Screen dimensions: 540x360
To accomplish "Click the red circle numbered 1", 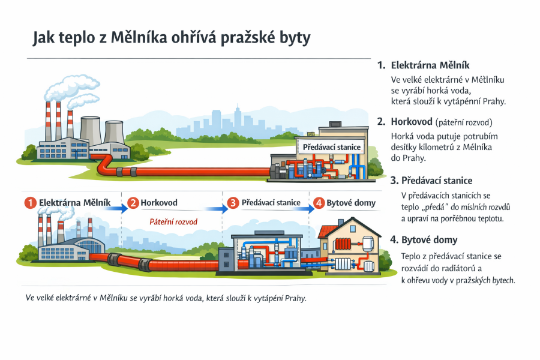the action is pos(31,203).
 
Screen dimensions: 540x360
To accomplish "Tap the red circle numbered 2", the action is pos(133,203).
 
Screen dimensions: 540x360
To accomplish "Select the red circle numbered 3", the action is pos(233,203).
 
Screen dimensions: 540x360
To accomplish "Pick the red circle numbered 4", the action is pos(319,203).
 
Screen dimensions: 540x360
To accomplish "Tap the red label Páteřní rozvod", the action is pos(173,221).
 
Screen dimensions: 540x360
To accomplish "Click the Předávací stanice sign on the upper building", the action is pos(331,147).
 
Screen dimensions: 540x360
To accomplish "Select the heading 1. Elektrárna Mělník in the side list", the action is pos(423,65).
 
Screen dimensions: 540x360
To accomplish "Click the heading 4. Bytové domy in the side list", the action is pos(424,240).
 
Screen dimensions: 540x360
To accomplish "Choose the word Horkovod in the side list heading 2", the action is pos(412,122).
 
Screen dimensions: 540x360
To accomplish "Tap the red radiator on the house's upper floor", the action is pos(343,244).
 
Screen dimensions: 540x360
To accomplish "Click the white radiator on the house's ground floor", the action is pos(343,264).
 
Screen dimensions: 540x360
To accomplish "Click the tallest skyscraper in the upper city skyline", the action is pos(237,119).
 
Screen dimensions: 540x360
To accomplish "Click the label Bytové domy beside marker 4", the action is pos(351,203).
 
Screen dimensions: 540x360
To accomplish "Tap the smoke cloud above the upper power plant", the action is pos(73,90).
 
